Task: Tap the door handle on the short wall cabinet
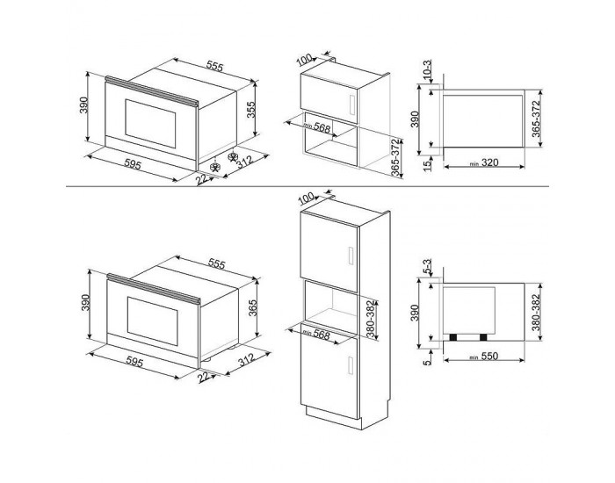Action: point(351,105)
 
